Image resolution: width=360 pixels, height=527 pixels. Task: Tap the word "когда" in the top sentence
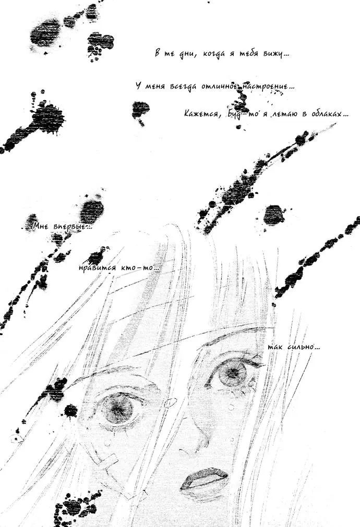[214, 54]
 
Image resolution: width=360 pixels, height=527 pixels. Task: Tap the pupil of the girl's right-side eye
[232, 374]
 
